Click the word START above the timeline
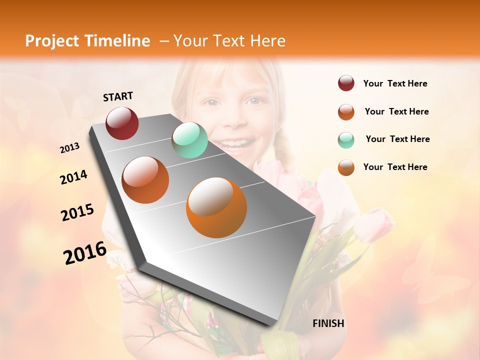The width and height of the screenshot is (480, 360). pyautogui.click(x=118, y=96)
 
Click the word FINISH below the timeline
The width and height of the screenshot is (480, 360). pyautogui.click(x=328, y=323)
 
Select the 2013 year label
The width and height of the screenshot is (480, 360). pyautogui.click(x=70, y=148)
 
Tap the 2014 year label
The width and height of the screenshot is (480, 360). pyautogui.click(x=74, y=177)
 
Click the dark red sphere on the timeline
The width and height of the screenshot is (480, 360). pyautogui.click(x=122, y=123)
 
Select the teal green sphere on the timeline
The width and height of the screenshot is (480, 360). pyautogui.click(x=189, y=140)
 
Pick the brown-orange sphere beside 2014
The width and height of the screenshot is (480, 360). pyautogui.click(x=145, y=180)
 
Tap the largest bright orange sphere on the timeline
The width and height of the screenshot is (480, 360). pyautogui.click(x=216, y=207)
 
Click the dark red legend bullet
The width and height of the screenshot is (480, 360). pyautogui.click(x=346, y=83)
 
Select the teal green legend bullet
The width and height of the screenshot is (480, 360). pyautogui.click(x=346, y=140)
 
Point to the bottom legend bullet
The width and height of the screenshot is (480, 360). pyautogui.click(x=346, y=167)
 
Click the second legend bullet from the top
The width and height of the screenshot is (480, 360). pyautogui.click(x=346, y=112)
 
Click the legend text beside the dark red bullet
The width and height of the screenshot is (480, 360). pyautogui.click(x=395, y=84)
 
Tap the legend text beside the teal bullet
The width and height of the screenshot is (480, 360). pyautogui.click(x=397, y=139)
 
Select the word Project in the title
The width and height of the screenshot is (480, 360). pyautogui.click(x=52, y=41)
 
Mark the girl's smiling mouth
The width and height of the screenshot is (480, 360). pyautogui.click(x=235, y=145)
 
